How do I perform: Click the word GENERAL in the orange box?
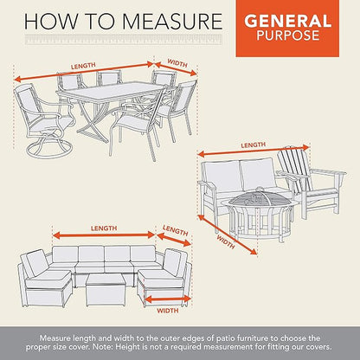[287, 21]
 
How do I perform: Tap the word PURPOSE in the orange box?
[288, 35]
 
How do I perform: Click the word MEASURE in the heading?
[171, 21]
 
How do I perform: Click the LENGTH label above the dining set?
[83, 66]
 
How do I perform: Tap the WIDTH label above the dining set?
[177, 63]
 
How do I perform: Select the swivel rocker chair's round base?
[49, 150]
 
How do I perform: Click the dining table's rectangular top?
[115, 91]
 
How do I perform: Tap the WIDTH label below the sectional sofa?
[168, 311]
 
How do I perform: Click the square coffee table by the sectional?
[106, 290]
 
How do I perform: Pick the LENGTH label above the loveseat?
[253, 145]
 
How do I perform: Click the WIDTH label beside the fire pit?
[226, 242]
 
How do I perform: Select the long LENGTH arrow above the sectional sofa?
[104, 235]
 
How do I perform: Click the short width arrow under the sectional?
[168, 300]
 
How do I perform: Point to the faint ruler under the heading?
[124, 39]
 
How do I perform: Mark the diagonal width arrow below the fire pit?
[228, 235]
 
